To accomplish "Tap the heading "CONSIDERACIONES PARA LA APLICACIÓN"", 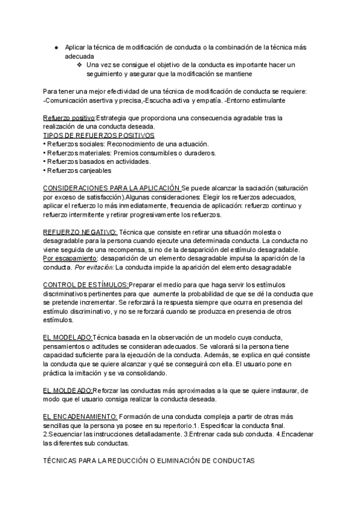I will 111,188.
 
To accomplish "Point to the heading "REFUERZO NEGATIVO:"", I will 80,232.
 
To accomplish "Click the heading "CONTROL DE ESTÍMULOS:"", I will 86,284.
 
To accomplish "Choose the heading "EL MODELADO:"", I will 68,337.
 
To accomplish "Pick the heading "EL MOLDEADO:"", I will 68,390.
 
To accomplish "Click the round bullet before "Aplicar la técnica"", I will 55,47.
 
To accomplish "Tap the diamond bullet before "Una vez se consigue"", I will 80,64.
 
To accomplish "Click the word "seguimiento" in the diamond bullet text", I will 107,73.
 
